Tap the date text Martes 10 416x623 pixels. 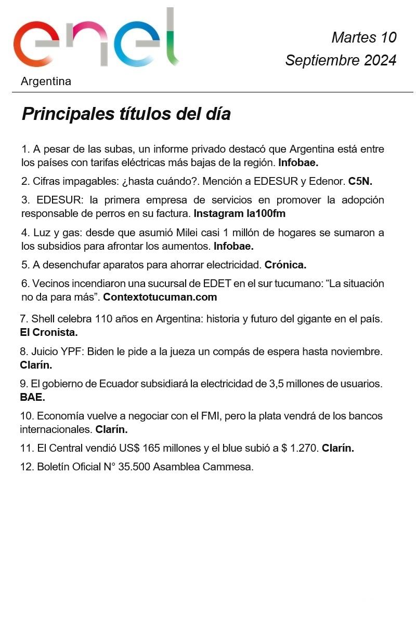(x=363, y=37)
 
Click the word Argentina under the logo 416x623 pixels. (x=46, y=82)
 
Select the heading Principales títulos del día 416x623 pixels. (x=126, y=114)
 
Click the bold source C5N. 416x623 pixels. (x=360, y=181)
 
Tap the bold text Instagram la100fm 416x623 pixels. (x=239, y=213)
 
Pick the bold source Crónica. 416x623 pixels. (x=285, y=265)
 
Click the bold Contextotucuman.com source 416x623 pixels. (x=160, y=297)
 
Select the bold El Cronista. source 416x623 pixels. (x=48, y=332)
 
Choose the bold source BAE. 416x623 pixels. (x=32, y=398)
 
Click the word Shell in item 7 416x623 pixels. (x=43, y=319)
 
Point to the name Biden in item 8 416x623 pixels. (x=100, y=351)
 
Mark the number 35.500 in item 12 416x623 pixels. (x=134, y=467)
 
